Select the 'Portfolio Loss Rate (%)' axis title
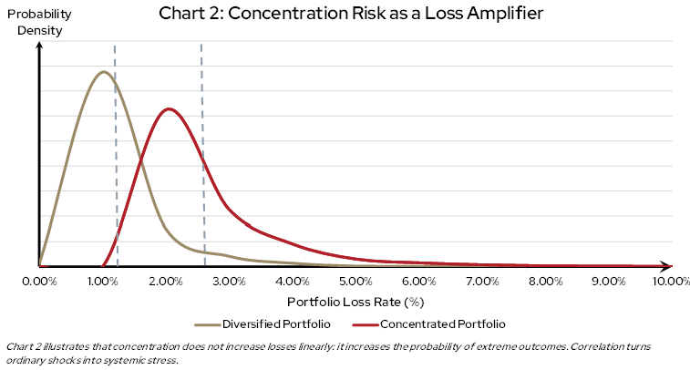pos(356,301)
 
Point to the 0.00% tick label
pos(39,282)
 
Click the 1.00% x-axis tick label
pos(103,282)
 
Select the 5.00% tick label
pos(355,282)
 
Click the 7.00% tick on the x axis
pos(481,282)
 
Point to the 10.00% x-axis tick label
pos(668,282)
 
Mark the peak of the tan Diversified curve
pos(104,72)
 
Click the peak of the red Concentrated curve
pos(167,108)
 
